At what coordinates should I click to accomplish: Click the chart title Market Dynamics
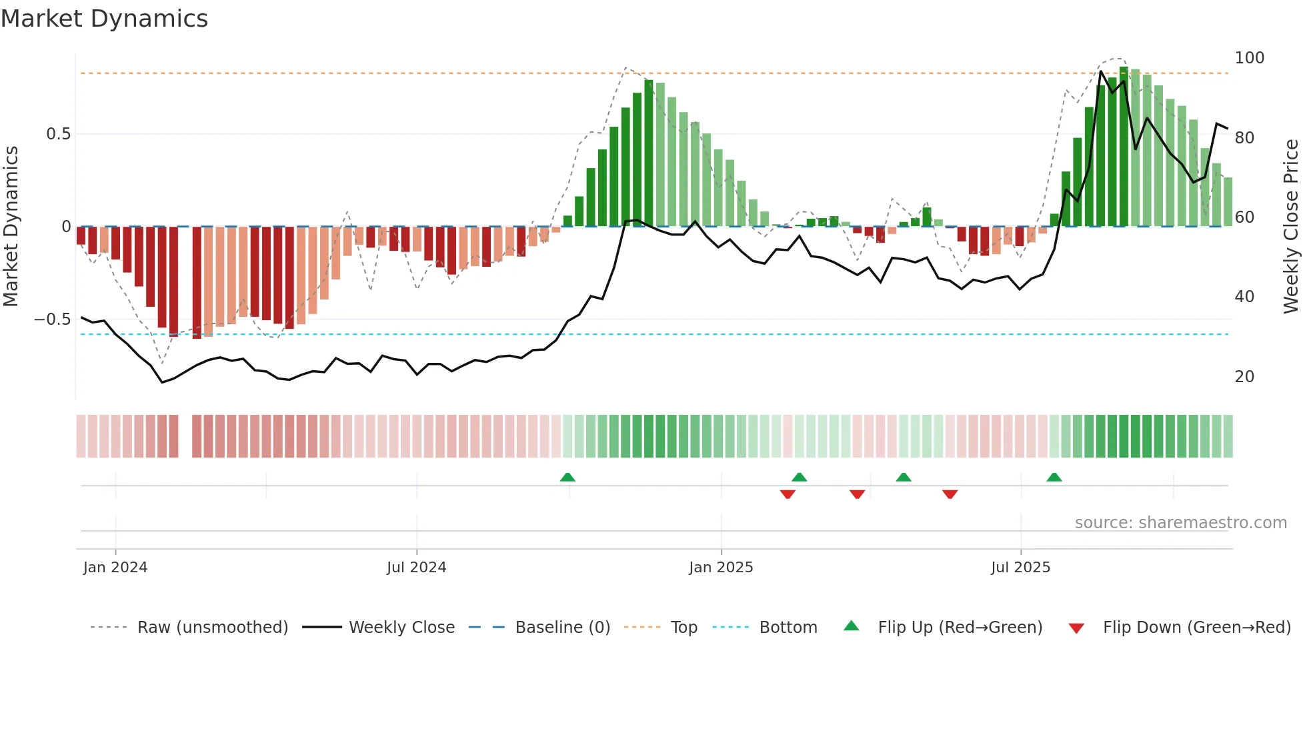[x=105, y=19]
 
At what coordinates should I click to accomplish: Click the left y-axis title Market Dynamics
[x=11, y=226]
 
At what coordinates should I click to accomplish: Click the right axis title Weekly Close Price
[x=1291, y=226]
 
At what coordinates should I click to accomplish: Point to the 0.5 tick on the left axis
[x=58, y=134]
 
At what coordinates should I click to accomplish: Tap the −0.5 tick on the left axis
[x=53, y=319]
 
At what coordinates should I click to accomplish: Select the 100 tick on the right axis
[x=1249, y=58]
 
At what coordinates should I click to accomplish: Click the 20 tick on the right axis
[x=1244, y=377]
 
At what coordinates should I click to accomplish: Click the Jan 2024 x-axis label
[x=115, y=568]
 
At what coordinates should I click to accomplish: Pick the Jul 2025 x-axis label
[x=1020, y=568]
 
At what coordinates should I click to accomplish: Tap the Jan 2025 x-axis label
[x=721, y=568]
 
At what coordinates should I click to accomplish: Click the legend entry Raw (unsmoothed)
[x=212, y=628]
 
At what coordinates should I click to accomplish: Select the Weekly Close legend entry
[x=401, y=628]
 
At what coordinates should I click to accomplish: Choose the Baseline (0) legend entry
[x=562, y=628]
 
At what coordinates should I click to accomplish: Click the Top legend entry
[x=684, y=628]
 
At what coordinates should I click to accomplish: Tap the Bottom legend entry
[x=788, y=628]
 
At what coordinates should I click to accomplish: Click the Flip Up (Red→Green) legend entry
[x=960, y=628]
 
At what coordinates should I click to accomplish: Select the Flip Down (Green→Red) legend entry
[x=1196, y=628]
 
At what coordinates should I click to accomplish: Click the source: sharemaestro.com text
[x=1180, y=523]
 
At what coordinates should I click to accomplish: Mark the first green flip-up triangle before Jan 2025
[x=567, y=478]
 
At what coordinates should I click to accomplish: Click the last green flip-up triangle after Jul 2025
[x=1054, y=478]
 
